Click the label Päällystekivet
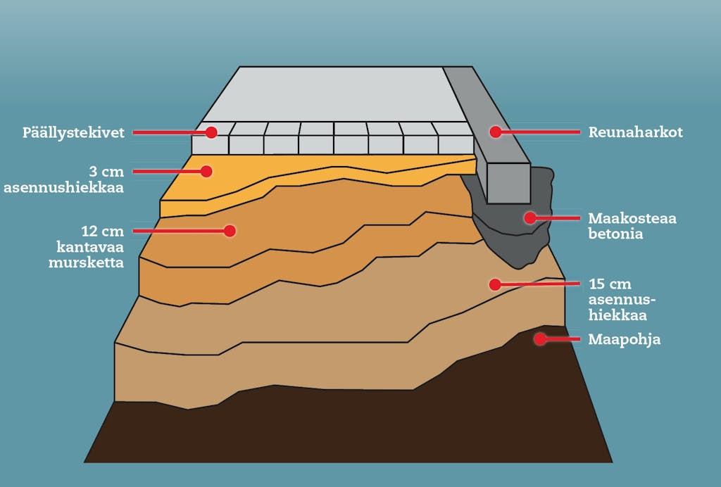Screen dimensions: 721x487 pos(73,133)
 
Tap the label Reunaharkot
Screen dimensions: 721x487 pos(636,132)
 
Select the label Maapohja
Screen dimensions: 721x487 pos(625,339)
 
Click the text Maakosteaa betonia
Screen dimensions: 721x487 pos(632,226)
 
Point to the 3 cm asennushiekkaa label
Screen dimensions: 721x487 pos(64,179)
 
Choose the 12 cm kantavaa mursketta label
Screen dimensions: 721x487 pos(87,247)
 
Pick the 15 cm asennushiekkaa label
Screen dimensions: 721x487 pos(622,300)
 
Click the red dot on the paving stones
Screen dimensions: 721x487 pos(211,132)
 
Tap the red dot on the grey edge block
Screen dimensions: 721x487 pos(495,132)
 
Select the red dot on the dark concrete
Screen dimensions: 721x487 pos(530,217)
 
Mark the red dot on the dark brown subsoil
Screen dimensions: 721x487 pos(540,339)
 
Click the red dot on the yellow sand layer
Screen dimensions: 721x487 pos(206,172)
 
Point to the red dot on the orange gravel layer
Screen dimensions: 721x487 pos(230,231)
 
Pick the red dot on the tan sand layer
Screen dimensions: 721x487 pos(495,285)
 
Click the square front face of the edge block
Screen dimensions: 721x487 pos(508,183)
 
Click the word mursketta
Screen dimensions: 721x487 pos(87,263)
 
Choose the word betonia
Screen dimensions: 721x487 pos(615,234)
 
